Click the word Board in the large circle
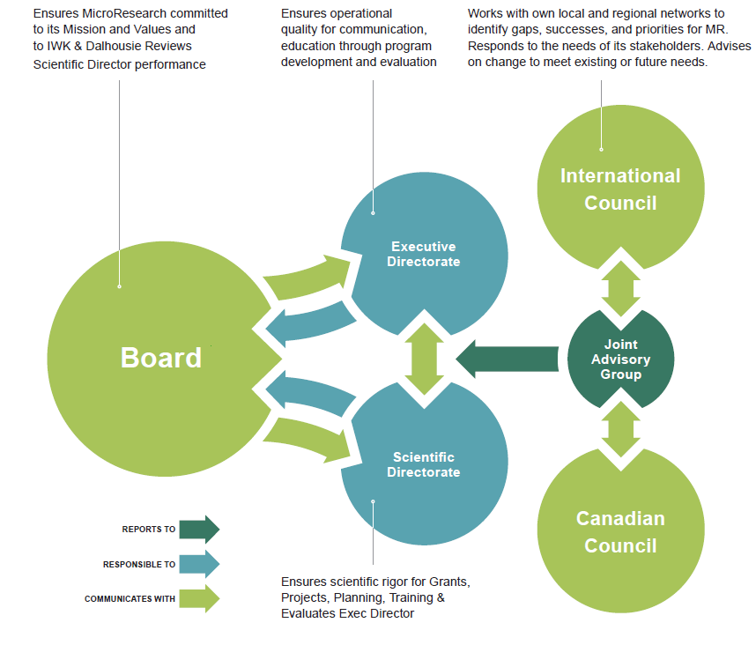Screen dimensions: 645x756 coord(161,358)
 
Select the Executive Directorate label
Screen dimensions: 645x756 coord(424,254)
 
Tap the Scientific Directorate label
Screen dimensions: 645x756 coord(424,464)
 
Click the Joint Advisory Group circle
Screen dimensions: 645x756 coord(620,359)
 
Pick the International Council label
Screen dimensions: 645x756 coord(620,189)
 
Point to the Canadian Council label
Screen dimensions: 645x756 coord(620,531)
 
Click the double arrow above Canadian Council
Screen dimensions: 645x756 coord(621,431)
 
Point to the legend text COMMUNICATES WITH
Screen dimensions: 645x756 coord(130,599)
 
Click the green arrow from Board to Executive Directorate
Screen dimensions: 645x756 coord(305,278)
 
